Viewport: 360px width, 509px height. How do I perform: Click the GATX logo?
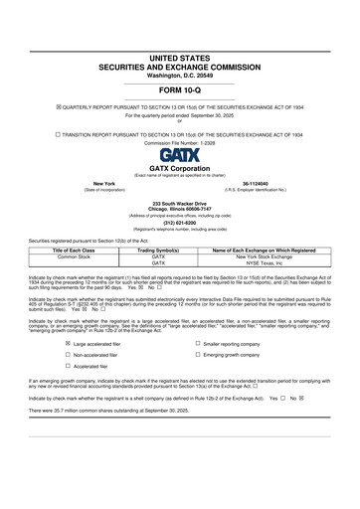coord(179,155)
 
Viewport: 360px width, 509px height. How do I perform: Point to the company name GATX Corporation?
coord(179,168)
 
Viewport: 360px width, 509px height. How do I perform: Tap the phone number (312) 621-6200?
coord(179,223)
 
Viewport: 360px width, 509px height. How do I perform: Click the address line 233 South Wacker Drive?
coord(179,203)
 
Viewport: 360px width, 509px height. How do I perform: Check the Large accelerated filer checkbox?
coord(68,344)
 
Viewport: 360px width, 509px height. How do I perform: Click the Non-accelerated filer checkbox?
coord(68,355)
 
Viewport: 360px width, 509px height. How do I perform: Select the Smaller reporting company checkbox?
coord(198,344)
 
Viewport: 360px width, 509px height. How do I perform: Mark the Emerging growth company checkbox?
coord(198,355)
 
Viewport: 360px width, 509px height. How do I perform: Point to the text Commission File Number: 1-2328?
coord(179,143)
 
